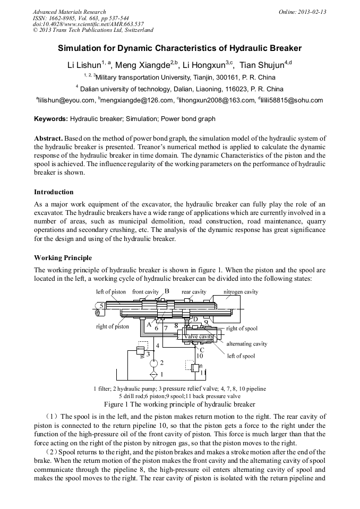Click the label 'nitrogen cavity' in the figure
241,292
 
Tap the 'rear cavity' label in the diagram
194,292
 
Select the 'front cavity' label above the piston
145,292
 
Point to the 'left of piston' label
111,292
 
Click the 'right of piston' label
113,326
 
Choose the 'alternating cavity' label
247,344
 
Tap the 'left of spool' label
241,356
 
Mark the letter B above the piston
167,291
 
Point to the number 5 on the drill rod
101,306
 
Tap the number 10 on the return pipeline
200,356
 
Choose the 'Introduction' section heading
54,192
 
